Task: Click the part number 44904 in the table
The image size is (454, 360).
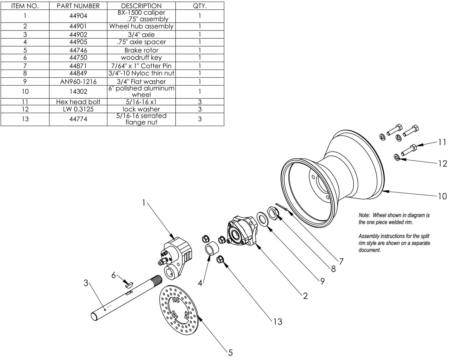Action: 78,16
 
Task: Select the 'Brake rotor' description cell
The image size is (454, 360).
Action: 141,50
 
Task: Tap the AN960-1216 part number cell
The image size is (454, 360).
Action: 78,81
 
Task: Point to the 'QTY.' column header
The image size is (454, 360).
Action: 200,6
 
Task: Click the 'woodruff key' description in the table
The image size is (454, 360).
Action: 141,58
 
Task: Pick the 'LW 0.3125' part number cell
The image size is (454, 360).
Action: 78,109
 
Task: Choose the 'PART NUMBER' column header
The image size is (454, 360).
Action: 78,6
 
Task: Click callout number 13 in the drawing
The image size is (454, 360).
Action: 278,322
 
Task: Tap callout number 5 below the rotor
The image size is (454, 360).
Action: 230,352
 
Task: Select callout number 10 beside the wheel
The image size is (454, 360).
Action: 442,197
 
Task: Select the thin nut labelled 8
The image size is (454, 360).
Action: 273,214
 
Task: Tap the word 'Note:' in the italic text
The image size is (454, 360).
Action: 364,215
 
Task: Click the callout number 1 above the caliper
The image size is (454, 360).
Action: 144,203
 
